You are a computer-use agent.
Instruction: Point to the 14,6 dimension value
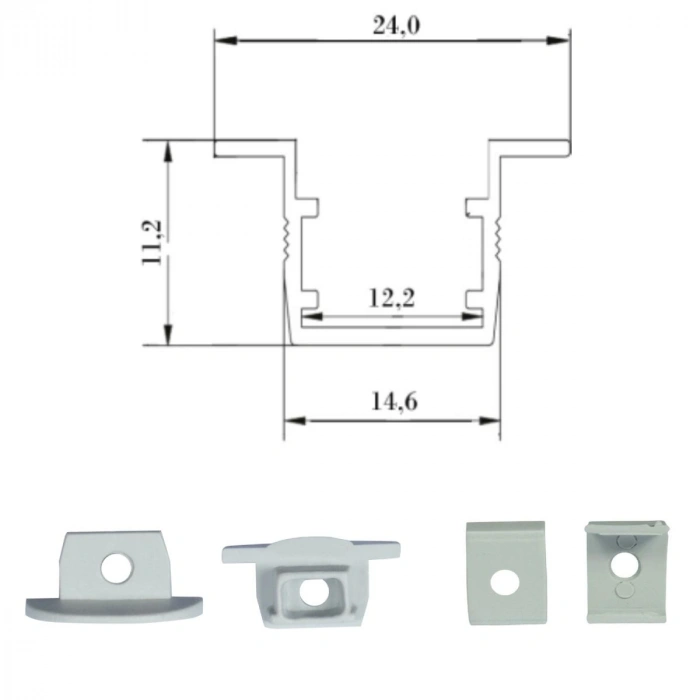(393, 402)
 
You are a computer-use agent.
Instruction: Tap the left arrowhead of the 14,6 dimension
(293, 420)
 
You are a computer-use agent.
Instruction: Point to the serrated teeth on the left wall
(288, 236)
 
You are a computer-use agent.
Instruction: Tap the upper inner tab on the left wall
(310, 208)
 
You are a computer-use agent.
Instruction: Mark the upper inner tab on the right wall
(474, 208)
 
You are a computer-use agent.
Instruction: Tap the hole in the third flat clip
(505, 579)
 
